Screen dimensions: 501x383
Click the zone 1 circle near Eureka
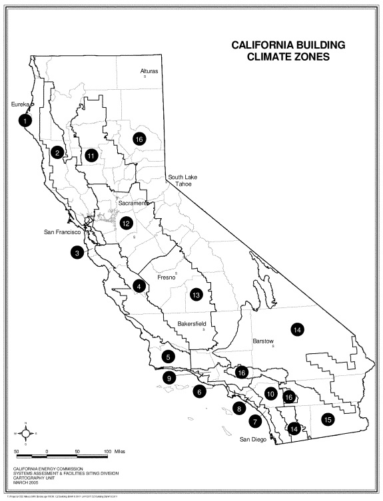[25, 121]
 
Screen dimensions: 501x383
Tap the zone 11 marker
[92, 155]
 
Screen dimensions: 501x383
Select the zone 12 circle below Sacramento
[126, 223]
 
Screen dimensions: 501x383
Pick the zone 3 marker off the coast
[78, 252]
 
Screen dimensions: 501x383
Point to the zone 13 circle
[195, 294]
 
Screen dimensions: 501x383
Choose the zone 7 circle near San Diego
[254, 420]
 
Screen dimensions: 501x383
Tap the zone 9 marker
[170, 377]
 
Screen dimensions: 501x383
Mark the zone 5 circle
[169, 357]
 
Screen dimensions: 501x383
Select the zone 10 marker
[270, 393]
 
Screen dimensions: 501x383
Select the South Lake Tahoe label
[184, 180]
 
